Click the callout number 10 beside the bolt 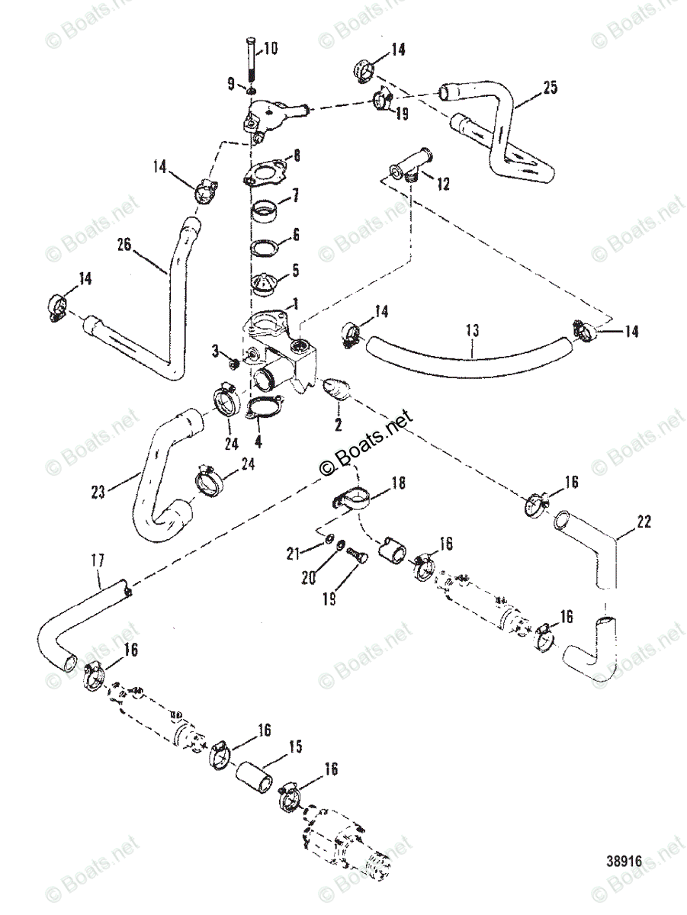click(x=271, y=50)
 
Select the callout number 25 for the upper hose click(x=551, y=88)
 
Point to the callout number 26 click(x=126, y=245)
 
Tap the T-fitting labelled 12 click(x=409, y=163)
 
